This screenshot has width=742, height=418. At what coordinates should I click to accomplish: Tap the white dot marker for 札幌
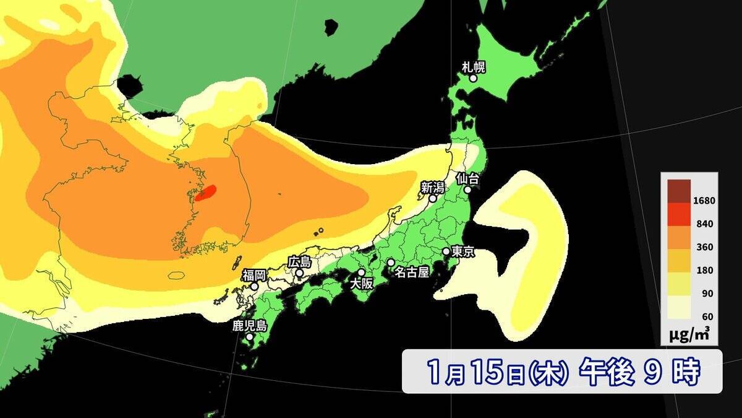tap(473, 79)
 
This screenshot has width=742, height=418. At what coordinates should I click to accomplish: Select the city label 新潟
tap(433, 187)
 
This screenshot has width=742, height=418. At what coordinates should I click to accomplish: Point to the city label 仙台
tap(468, 178)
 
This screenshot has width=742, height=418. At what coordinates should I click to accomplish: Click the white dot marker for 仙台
tap(468, 189)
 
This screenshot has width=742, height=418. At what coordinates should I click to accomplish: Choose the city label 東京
tap(463, 252)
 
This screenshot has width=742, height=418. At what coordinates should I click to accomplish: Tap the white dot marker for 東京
tap(446, 252)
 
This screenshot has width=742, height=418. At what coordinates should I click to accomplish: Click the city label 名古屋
tap(412, 272)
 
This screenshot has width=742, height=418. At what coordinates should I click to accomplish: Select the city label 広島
tap(299, 262)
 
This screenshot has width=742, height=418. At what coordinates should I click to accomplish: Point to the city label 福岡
tap(254, 275)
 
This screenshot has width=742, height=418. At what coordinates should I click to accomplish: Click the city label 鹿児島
tap(249, 326)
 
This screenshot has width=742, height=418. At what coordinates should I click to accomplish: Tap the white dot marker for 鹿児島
tap(249, 337)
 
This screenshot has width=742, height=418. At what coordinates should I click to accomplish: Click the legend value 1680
tap(704, 201)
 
